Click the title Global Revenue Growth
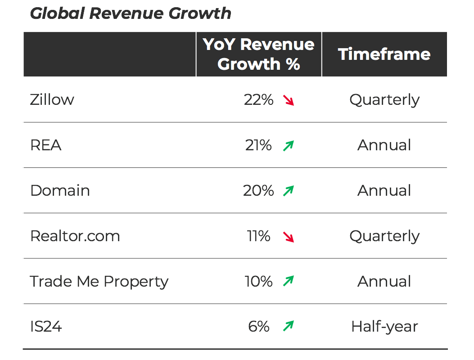(x=131, y=13)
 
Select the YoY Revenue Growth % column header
(x=259, y=54)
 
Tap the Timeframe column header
(x=384, y=54)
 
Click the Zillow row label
(x=52, y=99)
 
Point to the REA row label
(x=45, y=145)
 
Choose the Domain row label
(x=60, y=190)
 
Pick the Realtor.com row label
(x=75, y=236)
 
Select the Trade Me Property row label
(x=99, y=281)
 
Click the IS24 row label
(x=46, y=326)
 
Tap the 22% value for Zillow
(x=258, y=99)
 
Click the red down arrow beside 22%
(x=289, y=100)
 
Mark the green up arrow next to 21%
(x=289, y=145)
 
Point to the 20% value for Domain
(x=258, y=190)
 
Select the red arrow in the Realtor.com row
(x=289, y=236)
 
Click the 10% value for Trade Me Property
(x=258, y=281)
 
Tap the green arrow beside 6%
(x=289, y=326)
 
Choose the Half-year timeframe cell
(x=384, y=326)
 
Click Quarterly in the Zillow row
(x=384, y=99)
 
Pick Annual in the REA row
(x=384, y=145)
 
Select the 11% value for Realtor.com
(x=258, y=236)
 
